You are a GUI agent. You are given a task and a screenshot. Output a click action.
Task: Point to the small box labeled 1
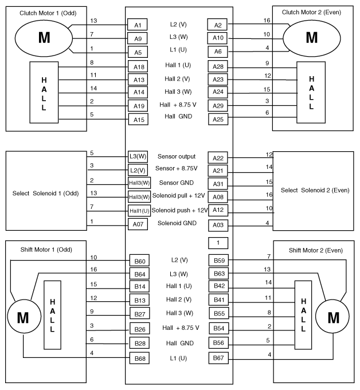(218, 243)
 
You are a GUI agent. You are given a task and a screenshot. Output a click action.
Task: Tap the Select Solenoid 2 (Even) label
(316, 190)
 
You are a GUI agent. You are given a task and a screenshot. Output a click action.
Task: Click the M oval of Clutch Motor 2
(312, 37)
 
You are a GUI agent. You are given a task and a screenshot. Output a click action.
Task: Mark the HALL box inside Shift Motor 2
(303, 315)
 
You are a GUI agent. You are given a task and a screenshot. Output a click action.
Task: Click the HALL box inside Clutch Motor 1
(44, 91)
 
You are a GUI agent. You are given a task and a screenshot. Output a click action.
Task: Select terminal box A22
(217, 158)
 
